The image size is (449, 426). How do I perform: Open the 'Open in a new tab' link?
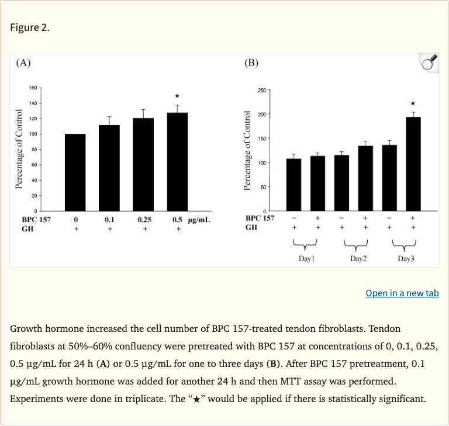402,293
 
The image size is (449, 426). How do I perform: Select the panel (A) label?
23,63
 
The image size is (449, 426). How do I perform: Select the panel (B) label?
251,63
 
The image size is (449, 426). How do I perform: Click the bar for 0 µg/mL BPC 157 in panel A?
75,172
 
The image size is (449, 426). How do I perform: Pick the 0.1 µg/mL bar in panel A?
109,168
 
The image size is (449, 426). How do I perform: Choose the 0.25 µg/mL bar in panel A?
143,164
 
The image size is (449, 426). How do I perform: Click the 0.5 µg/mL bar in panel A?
177,162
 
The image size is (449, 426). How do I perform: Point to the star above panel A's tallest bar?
177,95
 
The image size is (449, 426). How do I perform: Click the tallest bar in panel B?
413,164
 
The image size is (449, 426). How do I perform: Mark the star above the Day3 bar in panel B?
413,103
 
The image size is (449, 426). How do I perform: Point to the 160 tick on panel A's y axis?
33,88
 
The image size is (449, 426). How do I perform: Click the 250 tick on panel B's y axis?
261,90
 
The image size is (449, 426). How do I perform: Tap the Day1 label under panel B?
306,258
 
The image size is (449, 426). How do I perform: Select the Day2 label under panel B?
358,258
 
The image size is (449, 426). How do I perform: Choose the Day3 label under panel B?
406,258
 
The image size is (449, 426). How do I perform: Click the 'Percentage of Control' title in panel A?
19,149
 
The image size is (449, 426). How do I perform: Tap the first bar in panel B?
293,185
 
